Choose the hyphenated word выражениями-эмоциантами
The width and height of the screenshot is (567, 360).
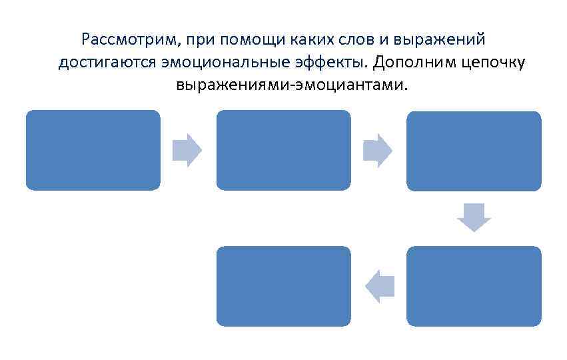click(x=290, y=86)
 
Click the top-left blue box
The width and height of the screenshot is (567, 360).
click(x=93, y=150)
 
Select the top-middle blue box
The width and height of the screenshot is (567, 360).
click(x=283, y=150)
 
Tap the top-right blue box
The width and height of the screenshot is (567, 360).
click(x=474, y=151)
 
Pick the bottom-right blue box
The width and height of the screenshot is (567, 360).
click(x=474, y=286)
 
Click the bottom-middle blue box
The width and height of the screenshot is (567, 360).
click(x=283, y=286)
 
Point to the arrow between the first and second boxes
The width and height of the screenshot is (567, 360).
click(x=187, y=150)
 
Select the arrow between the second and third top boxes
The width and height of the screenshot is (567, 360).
click(x=378, y=150)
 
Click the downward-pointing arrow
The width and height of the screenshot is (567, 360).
click(x=474, y=217)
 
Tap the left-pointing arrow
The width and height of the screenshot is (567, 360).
click(x=380, y=286)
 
